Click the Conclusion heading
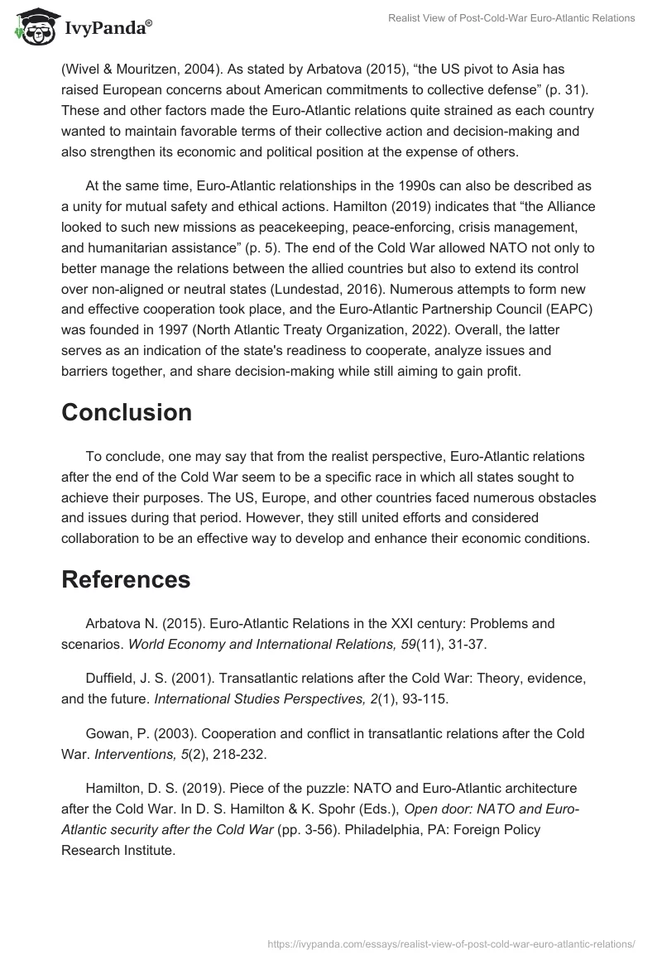point(127,412)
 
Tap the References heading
point(126,579)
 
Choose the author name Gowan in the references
point(107,733)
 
